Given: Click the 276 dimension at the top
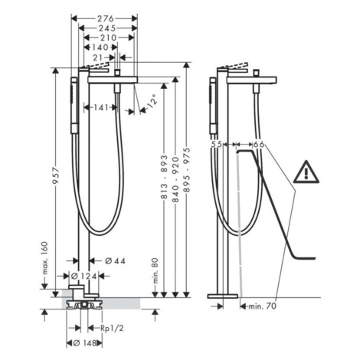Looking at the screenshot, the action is (105, 18).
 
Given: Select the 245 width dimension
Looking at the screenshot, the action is (107, 28).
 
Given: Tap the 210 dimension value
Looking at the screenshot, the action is (108, 38).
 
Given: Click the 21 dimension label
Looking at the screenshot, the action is (98, 57).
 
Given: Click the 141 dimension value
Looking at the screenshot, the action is (101, 107).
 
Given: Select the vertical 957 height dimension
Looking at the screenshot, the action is (55, 175).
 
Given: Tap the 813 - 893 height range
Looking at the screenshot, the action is (164, 177).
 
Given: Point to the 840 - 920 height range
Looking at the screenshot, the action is (175, 180).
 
